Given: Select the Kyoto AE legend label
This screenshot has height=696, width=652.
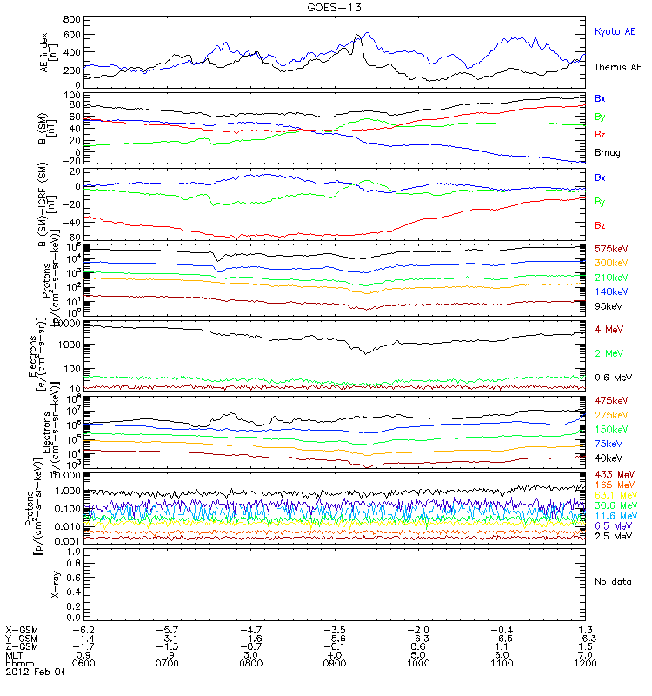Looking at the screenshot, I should [x=615, y=31].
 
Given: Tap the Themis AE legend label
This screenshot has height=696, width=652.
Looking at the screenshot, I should [x=616, y=67].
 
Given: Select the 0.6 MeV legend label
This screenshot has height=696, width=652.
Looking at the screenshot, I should [x=612, y=377].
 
